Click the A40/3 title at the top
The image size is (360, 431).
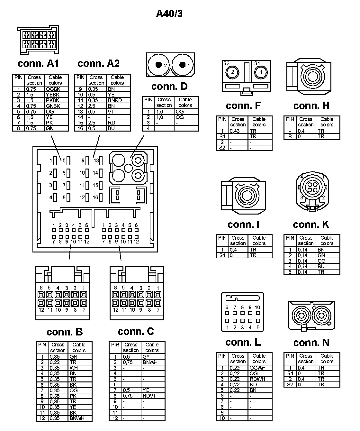(x=169, y=14)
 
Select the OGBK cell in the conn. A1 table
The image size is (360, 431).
(x=53, y=89)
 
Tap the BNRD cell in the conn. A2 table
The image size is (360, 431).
(x=115, y=100)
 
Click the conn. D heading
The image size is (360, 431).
(x=169, y=87)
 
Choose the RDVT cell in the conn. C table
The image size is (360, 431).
(x=149, y=396)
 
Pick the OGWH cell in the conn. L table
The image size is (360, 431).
(x=257, y=368)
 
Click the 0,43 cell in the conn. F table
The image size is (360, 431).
(x=235, y=131)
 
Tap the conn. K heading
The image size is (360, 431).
(x=311, y=225)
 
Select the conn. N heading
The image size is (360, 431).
(x=311, y=343)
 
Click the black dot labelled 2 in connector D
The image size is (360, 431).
(x=158, y=65)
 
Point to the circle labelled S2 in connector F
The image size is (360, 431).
(x=233, y=72)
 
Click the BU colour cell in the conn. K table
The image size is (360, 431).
(x=321, y=266)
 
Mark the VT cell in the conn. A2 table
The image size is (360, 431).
(x=111, y=112)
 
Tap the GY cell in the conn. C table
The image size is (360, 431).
(x=146, y=357)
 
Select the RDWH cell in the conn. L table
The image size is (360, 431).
(x=257, y=379)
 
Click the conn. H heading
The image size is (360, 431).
(x=311, y=106)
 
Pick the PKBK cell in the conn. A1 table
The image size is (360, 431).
(x=53, y=100)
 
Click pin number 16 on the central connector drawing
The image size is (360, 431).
(x=95, y=197)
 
